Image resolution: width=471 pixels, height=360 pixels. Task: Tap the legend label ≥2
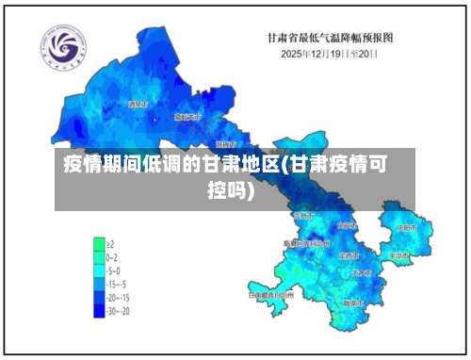112,242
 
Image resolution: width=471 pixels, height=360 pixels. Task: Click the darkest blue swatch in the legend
98,308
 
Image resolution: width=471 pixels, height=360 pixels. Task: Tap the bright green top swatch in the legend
98,242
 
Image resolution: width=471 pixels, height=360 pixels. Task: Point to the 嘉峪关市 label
187,116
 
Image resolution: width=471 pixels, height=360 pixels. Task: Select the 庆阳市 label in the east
407,228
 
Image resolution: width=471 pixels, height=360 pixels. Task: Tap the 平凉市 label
399,254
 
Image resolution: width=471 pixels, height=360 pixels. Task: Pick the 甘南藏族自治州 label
271,294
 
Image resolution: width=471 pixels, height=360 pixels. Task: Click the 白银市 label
347,225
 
